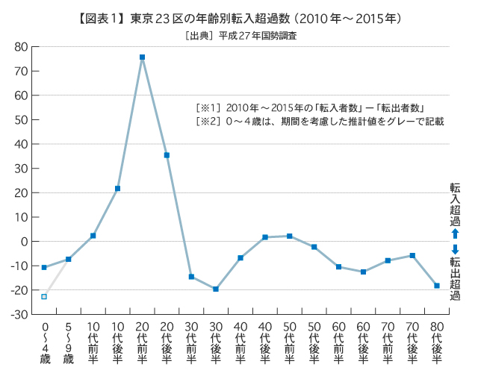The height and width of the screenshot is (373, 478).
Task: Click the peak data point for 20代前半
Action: (x=142, y=57)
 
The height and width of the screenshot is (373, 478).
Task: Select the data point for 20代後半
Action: (x=167, y=155)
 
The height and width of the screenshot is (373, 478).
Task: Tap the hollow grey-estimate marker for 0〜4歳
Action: (x=44, y=296)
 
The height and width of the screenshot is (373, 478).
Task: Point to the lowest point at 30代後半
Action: (x=216, y=289)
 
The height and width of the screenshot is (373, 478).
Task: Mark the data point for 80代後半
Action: (x=437, y=286)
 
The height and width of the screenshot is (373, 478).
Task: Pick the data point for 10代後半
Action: (x=117, y=188)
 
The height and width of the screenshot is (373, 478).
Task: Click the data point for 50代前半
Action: (x=290, y=236)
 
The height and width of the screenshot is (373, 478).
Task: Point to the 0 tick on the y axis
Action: (x=25, y=242)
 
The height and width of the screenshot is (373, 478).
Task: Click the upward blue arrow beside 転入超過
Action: (x=454, y=233)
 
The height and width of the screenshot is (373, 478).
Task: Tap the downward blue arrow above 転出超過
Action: (x=454, y=249)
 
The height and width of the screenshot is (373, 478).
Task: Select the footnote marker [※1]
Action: (x=207, y=107)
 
